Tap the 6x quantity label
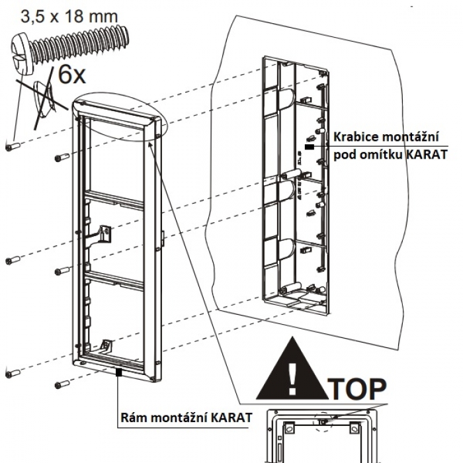coord(71,74)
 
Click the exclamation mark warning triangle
coord(292,374)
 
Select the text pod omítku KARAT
coord(390,155)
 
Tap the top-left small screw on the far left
coord(13,146)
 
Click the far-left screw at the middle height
coord(13,260)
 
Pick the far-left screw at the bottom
coord(13,374)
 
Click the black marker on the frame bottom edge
coord(118,373)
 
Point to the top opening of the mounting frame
coord(118,159)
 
